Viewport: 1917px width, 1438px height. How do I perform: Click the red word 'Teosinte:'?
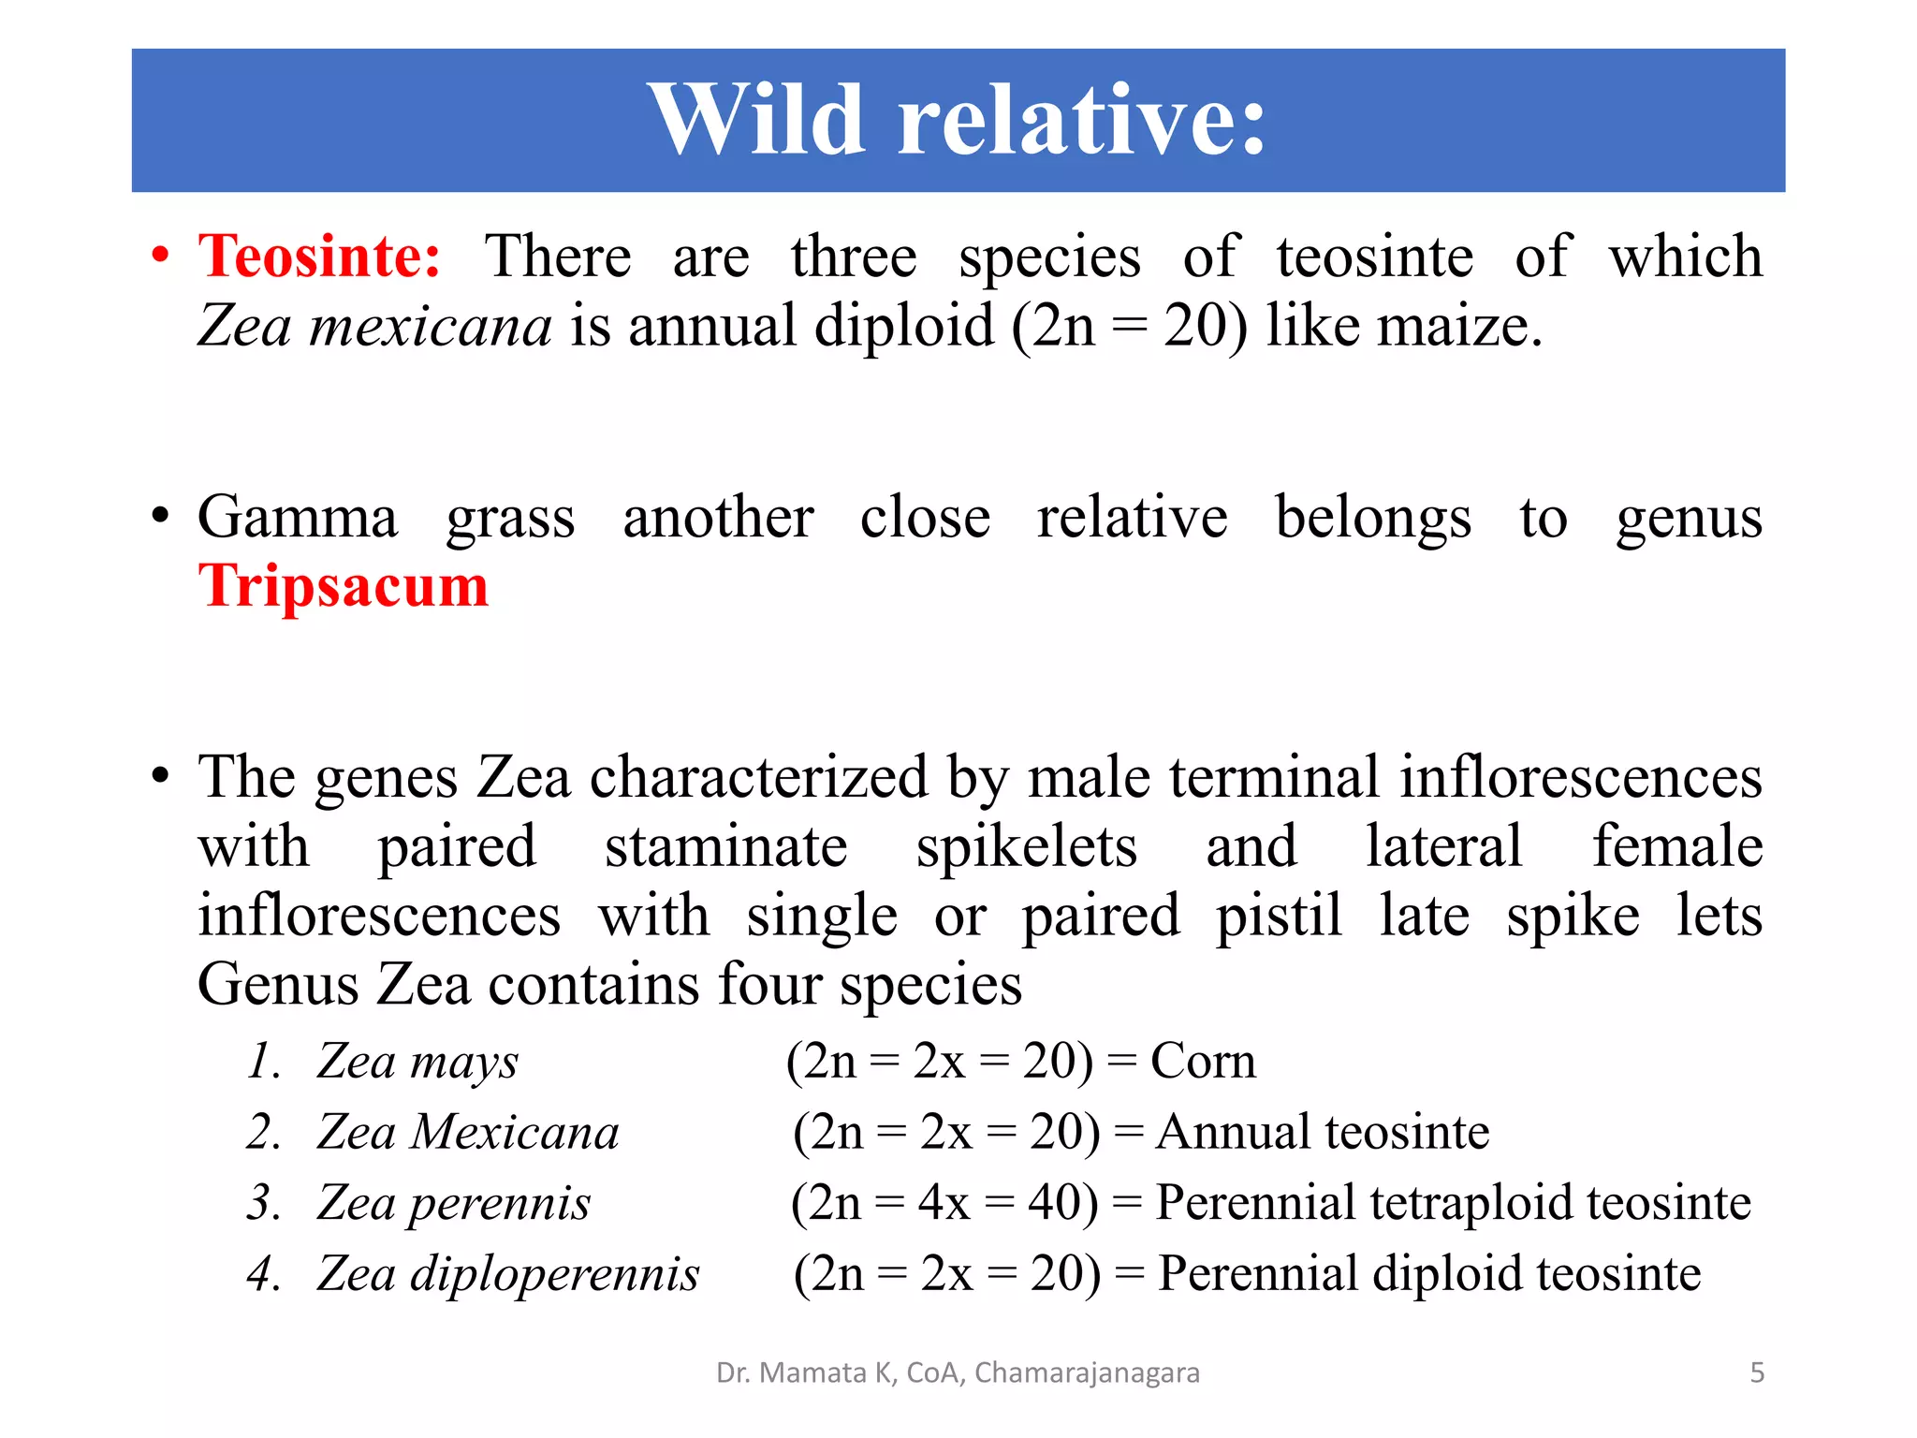(319, 257)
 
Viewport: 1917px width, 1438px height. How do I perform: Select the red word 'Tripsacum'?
(343, 587)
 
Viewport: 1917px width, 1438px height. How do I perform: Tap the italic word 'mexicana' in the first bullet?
(431, 328)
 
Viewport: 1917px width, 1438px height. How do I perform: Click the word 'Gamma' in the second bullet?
(298, 518)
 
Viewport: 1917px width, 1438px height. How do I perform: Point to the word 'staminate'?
(725, 847)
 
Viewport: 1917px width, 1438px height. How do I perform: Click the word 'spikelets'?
(1026, 847)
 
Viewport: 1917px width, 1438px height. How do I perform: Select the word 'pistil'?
(1279, 917)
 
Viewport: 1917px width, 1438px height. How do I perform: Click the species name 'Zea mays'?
(417, 1062)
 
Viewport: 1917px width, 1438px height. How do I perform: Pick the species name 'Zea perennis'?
(454, 1203)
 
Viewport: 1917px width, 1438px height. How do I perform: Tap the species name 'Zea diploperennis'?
(507, 1274)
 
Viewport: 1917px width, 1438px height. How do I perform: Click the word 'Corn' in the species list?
(1203, 1062)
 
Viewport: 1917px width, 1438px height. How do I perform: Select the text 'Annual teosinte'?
(1322, 1132)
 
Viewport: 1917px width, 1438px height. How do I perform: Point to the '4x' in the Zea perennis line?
(943, 1203)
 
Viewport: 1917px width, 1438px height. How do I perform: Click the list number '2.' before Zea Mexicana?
(265, 1132)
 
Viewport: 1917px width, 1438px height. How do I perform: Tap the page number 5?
(1757, 1372)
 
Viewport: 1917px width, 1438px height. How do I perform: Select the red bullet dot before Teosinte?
(161, 256)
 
